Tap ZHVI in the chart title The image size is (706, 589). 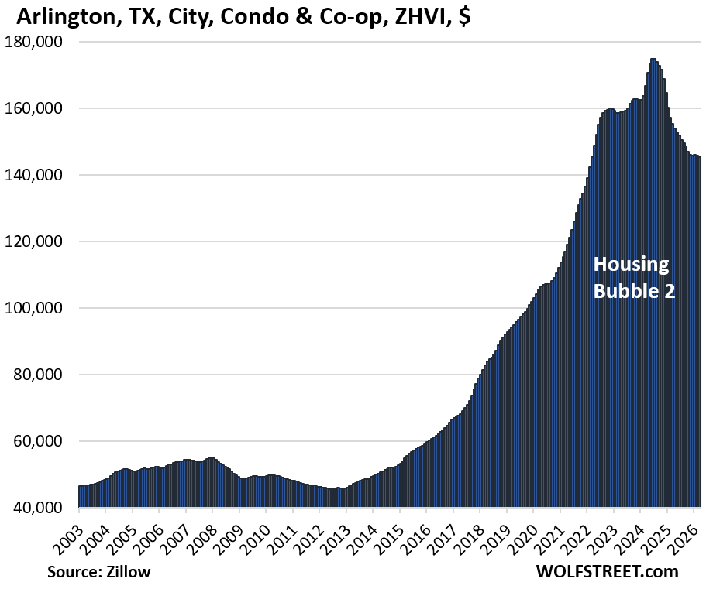pyautogui.click(x=415, y=16)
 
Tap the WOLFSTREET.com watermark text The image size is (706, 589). pyautogui.click(x=606, y=573)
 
